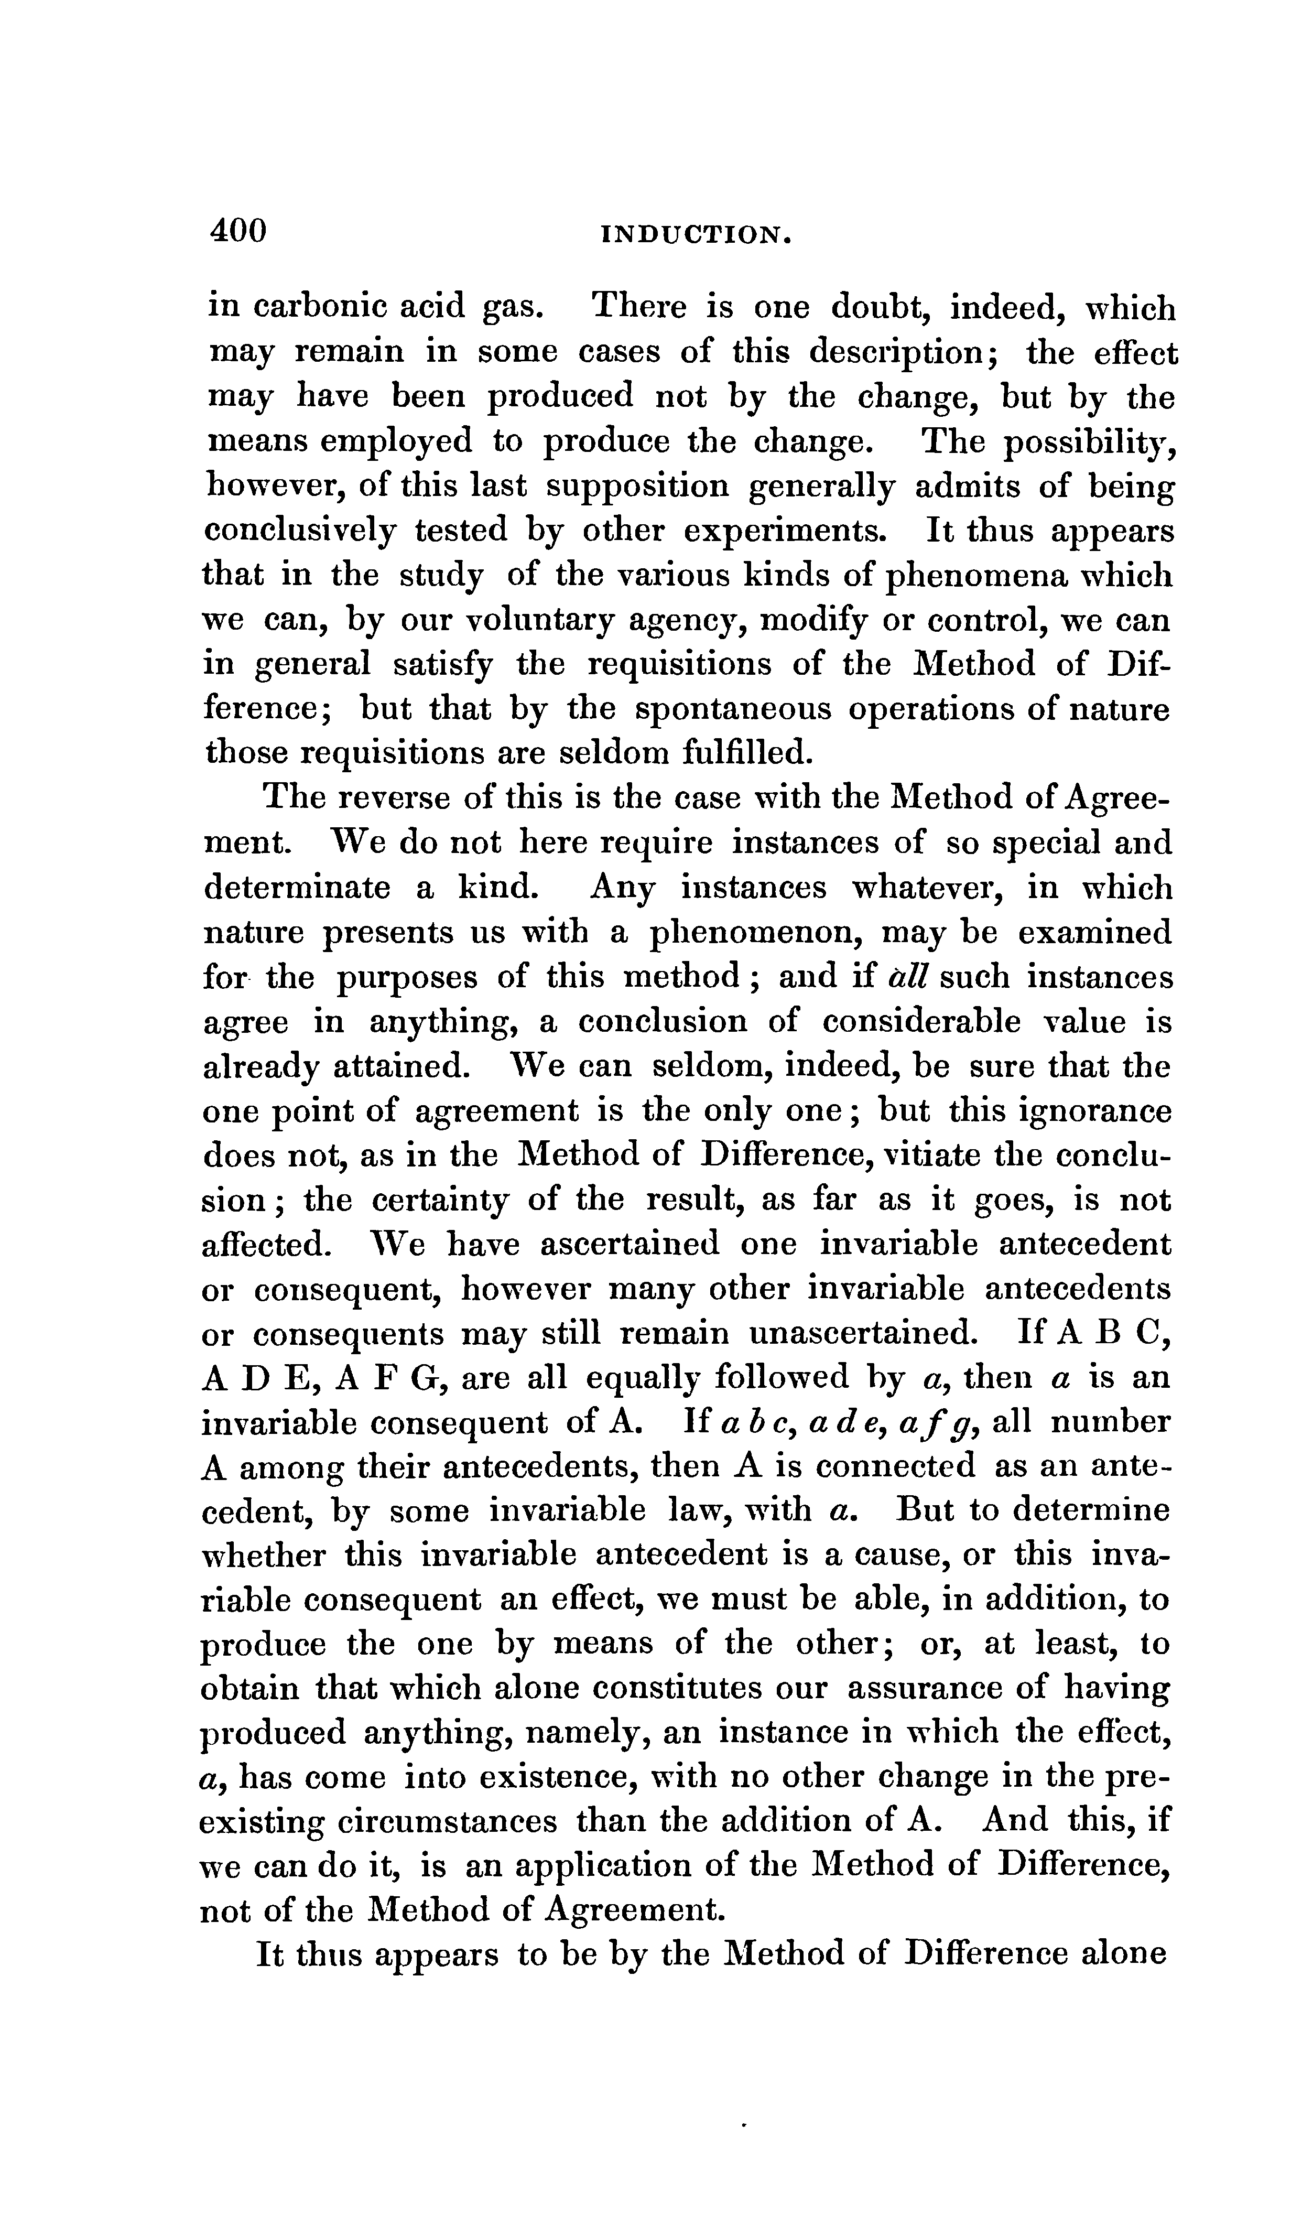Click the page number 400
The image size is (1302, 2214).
pyautogui.click(x=237, y=231)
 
